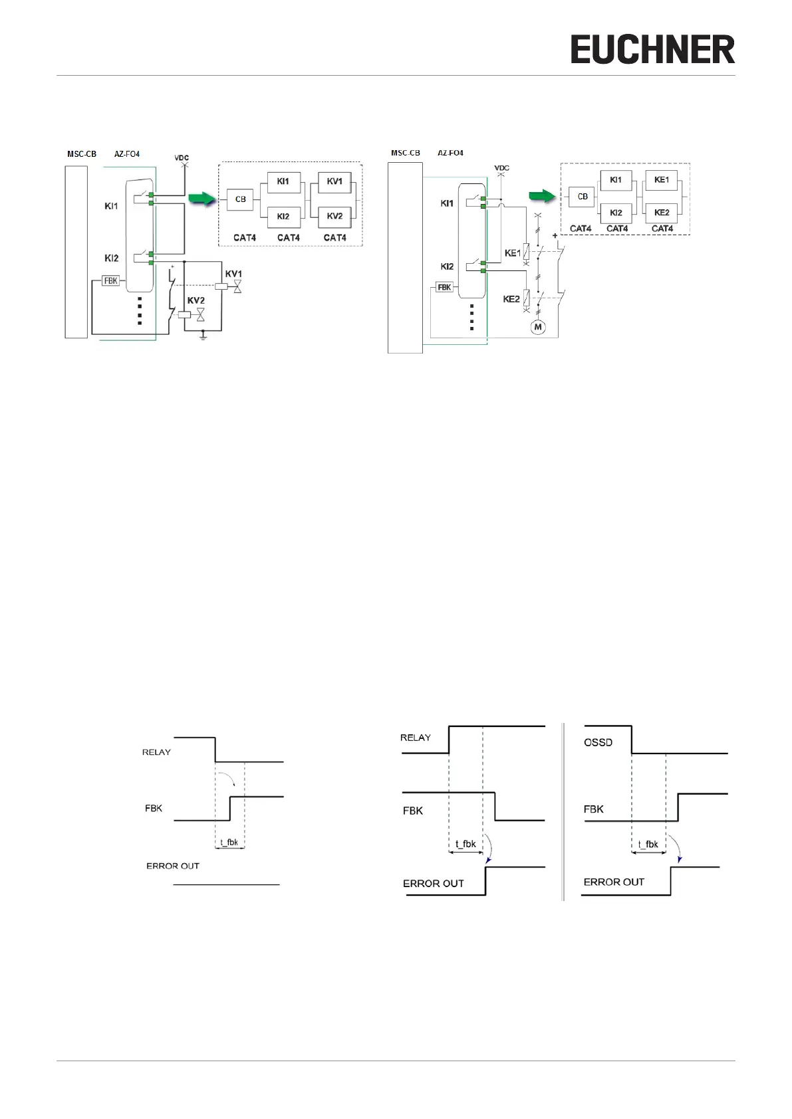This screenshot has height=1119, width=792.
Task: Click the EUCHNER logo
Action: tap(652, 51)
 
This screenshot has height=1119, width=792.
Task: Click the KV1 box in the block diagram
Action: tap(334, 182)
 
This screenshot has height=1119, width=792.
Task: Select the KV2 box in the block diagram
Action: tap(334, 217)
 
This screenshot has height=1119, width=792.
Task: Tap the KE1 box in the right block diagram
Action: tap(661, 180)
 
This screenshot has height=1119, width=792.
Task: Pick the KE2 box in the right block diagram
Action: tap(661, 213)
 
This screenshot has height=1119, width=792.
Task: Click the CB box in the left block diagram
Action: tap(240, 199)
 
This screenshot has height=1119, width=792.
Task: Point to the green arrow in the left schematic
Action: tap(202, 198)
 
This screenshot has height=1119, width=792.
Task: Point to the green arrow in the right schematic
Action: tap(542, 195)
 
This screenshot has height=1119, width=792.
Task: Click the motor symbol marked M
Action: tap(538, 327)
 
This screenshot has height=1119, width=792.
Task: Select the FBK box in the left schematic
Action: tap(110, 281)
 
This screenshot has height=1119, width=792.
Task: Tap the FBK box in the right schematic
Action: tap(444, 288)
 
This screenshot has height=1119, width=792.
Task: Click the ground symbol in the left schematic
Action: tap(203, 337)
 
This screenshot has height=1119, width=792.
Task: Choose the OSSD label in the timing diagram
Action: tap(598, 743)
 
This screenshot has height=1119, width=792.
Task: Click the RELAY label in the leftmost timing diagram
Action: tap(156, 752)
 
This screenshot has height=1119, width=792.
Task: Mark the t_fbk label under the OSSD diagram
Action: tap(648, 845)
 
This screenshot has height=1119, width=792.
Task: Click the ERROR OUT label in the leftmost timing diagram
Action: tap(173, 866)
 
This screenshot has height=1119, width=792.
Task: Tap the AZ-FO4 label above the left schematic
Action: tap(127, 154)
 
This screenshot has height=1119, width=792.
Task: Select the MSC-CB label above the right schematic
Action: tap(405, 153)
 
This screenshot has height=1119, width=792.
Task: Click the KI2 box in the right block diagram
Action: tap(616, 213)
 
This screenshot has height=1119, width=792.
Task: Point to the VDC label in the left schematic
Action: tap(182, 158)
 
